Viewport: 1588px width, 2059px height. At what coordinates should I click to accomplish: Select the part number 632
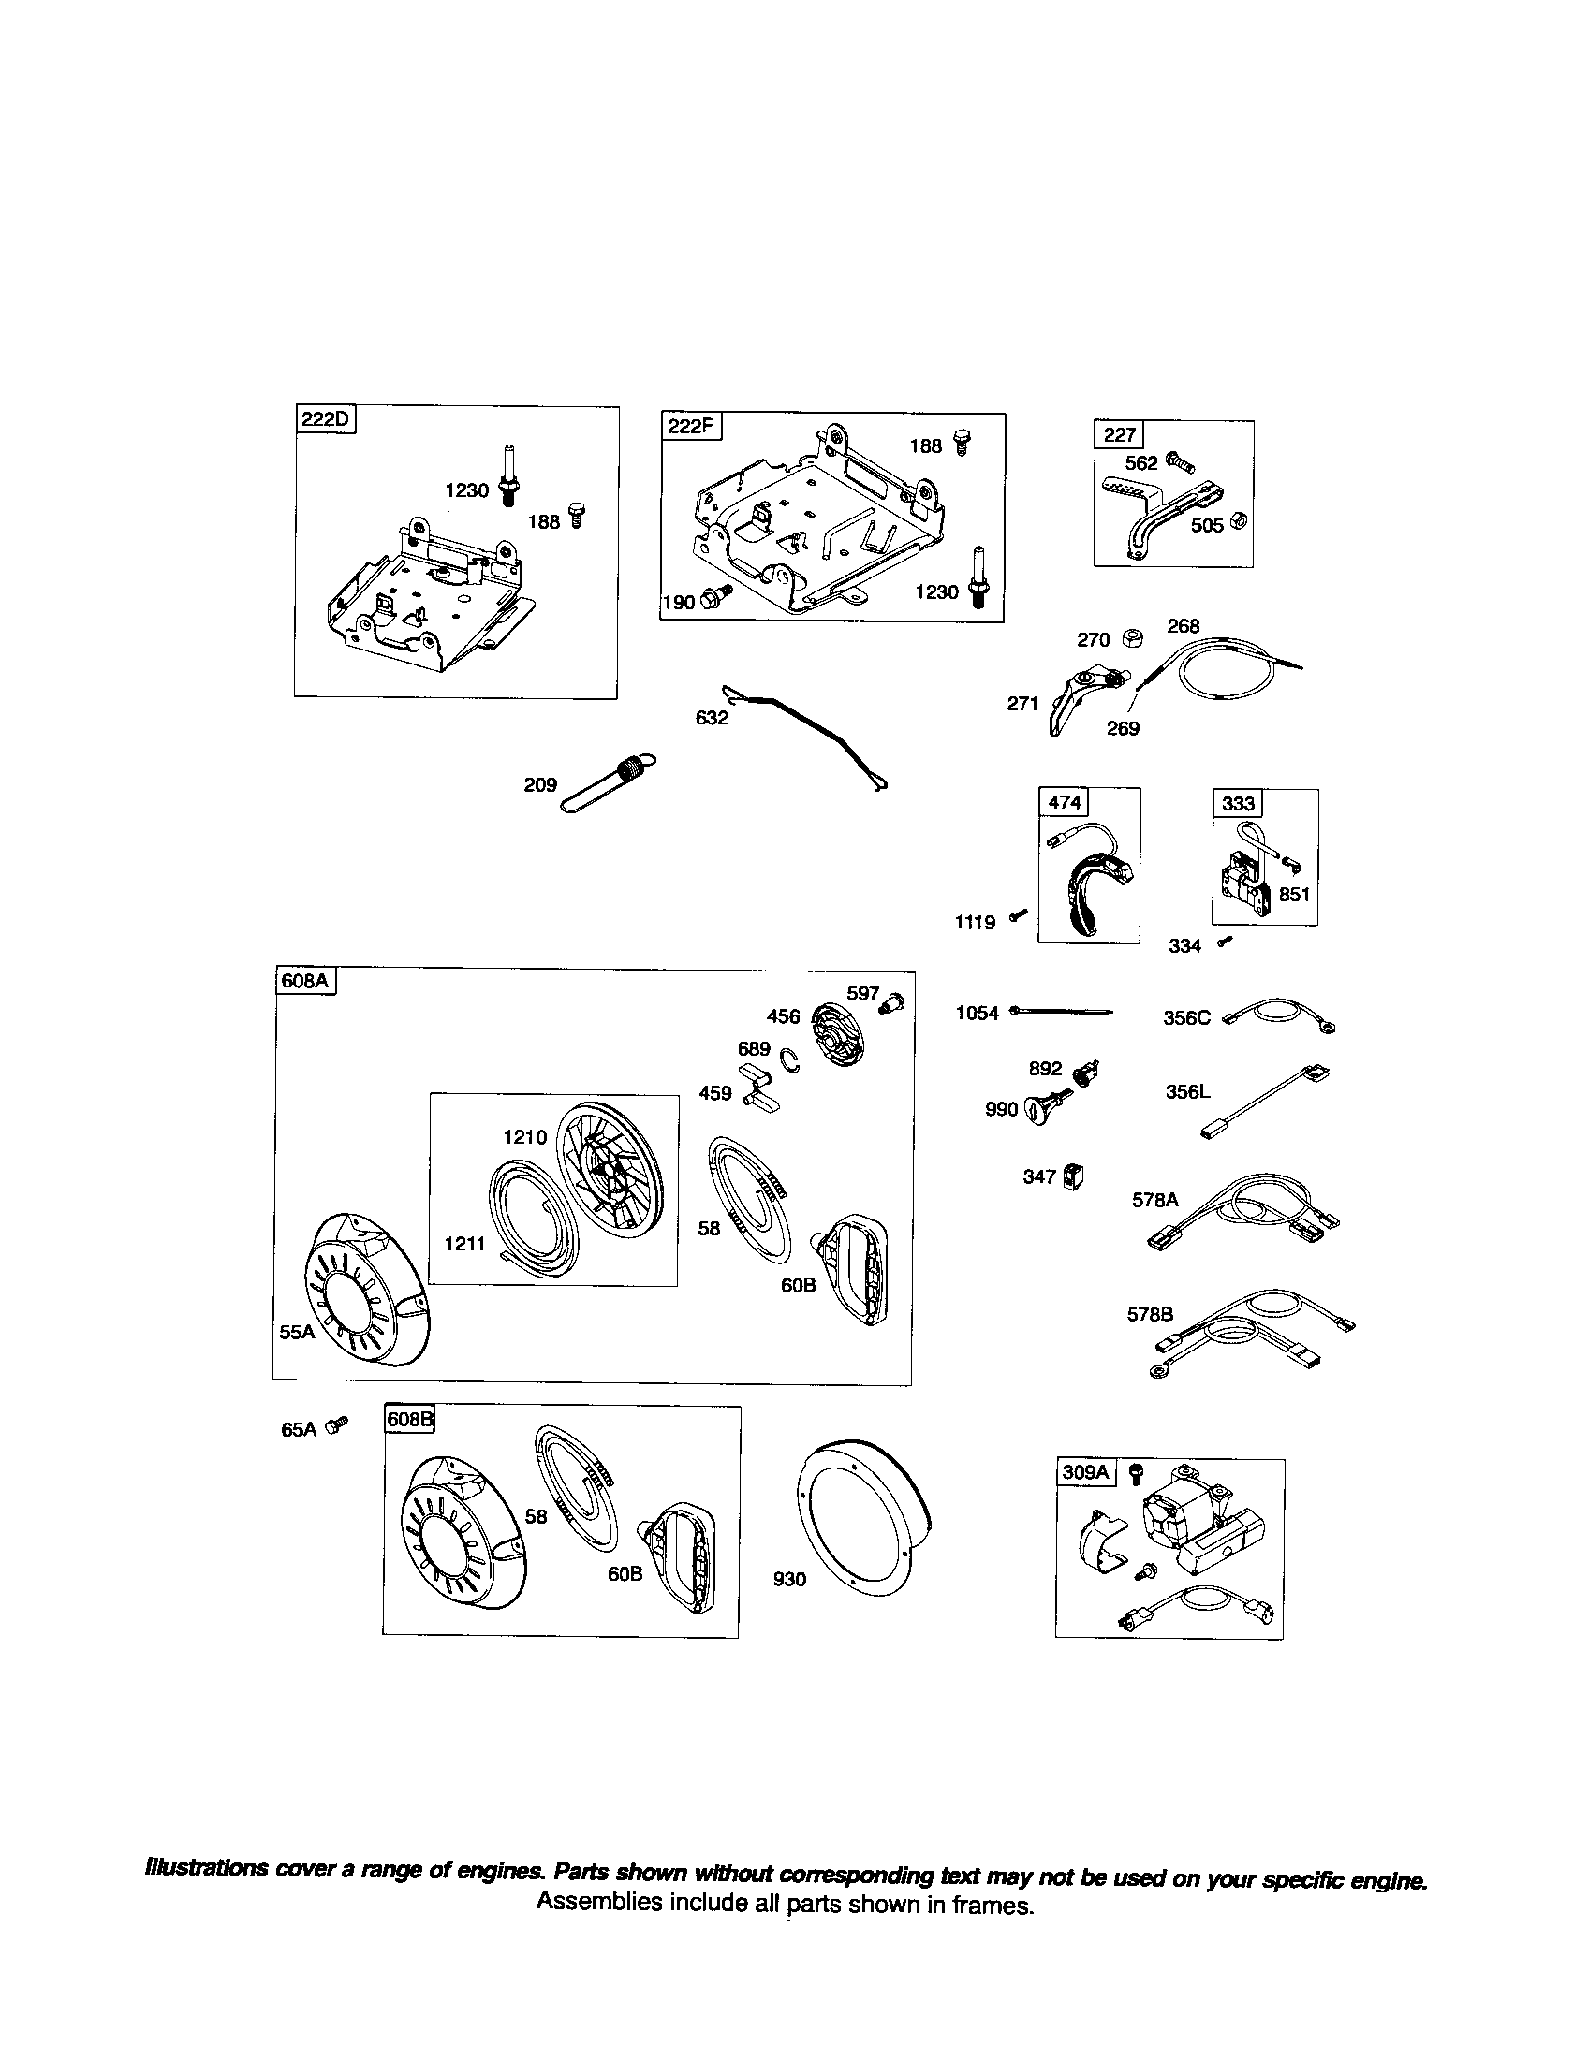[x=711, y=718]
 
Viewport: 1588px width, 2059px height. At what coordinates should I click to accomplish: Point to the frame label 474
[x=1064, y=801]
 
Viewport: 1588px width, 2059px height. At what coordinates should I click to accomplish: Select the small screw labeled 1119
[x=1018, y=914]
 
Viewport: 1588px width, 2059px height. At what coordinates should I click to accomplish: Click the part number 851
[x=1294, y=894]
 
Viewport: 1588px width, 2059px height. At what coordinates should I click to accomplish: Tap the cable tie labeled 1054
[x=1061, y=1012]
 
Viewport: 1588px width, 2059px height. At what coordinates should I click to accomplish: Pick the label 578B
[x=1150, y=1314]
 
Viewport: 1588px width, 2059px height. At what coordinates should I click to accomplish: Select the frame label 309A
[x=1086, y=1471]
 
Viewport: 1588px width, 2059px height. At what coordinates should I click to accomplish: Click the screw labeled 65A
[x=337, y=1426]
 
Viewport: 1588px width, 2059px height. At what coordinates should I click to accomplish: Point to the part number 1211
[x=464, y=1244]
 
